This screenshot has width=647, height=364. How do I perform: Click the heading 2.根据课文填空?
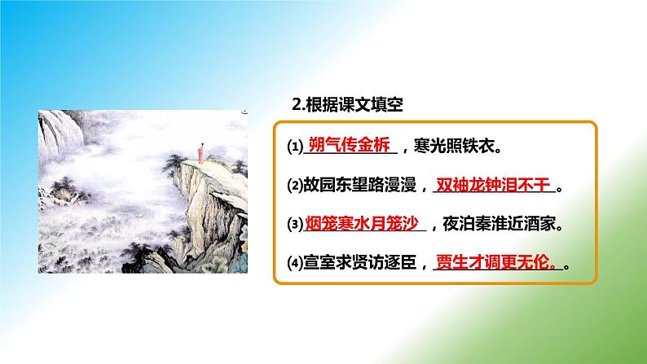coord(348,105)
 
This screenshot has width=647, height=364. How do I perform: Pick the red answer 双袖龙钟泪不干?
coord(494,186)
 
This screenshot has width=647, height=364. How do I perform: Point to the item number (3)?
coord(294,224)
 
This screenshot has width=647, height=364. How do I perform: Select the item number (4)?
coord(294,263)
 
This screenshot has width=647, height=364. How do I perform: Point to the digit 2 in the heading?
coord(297,105)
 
